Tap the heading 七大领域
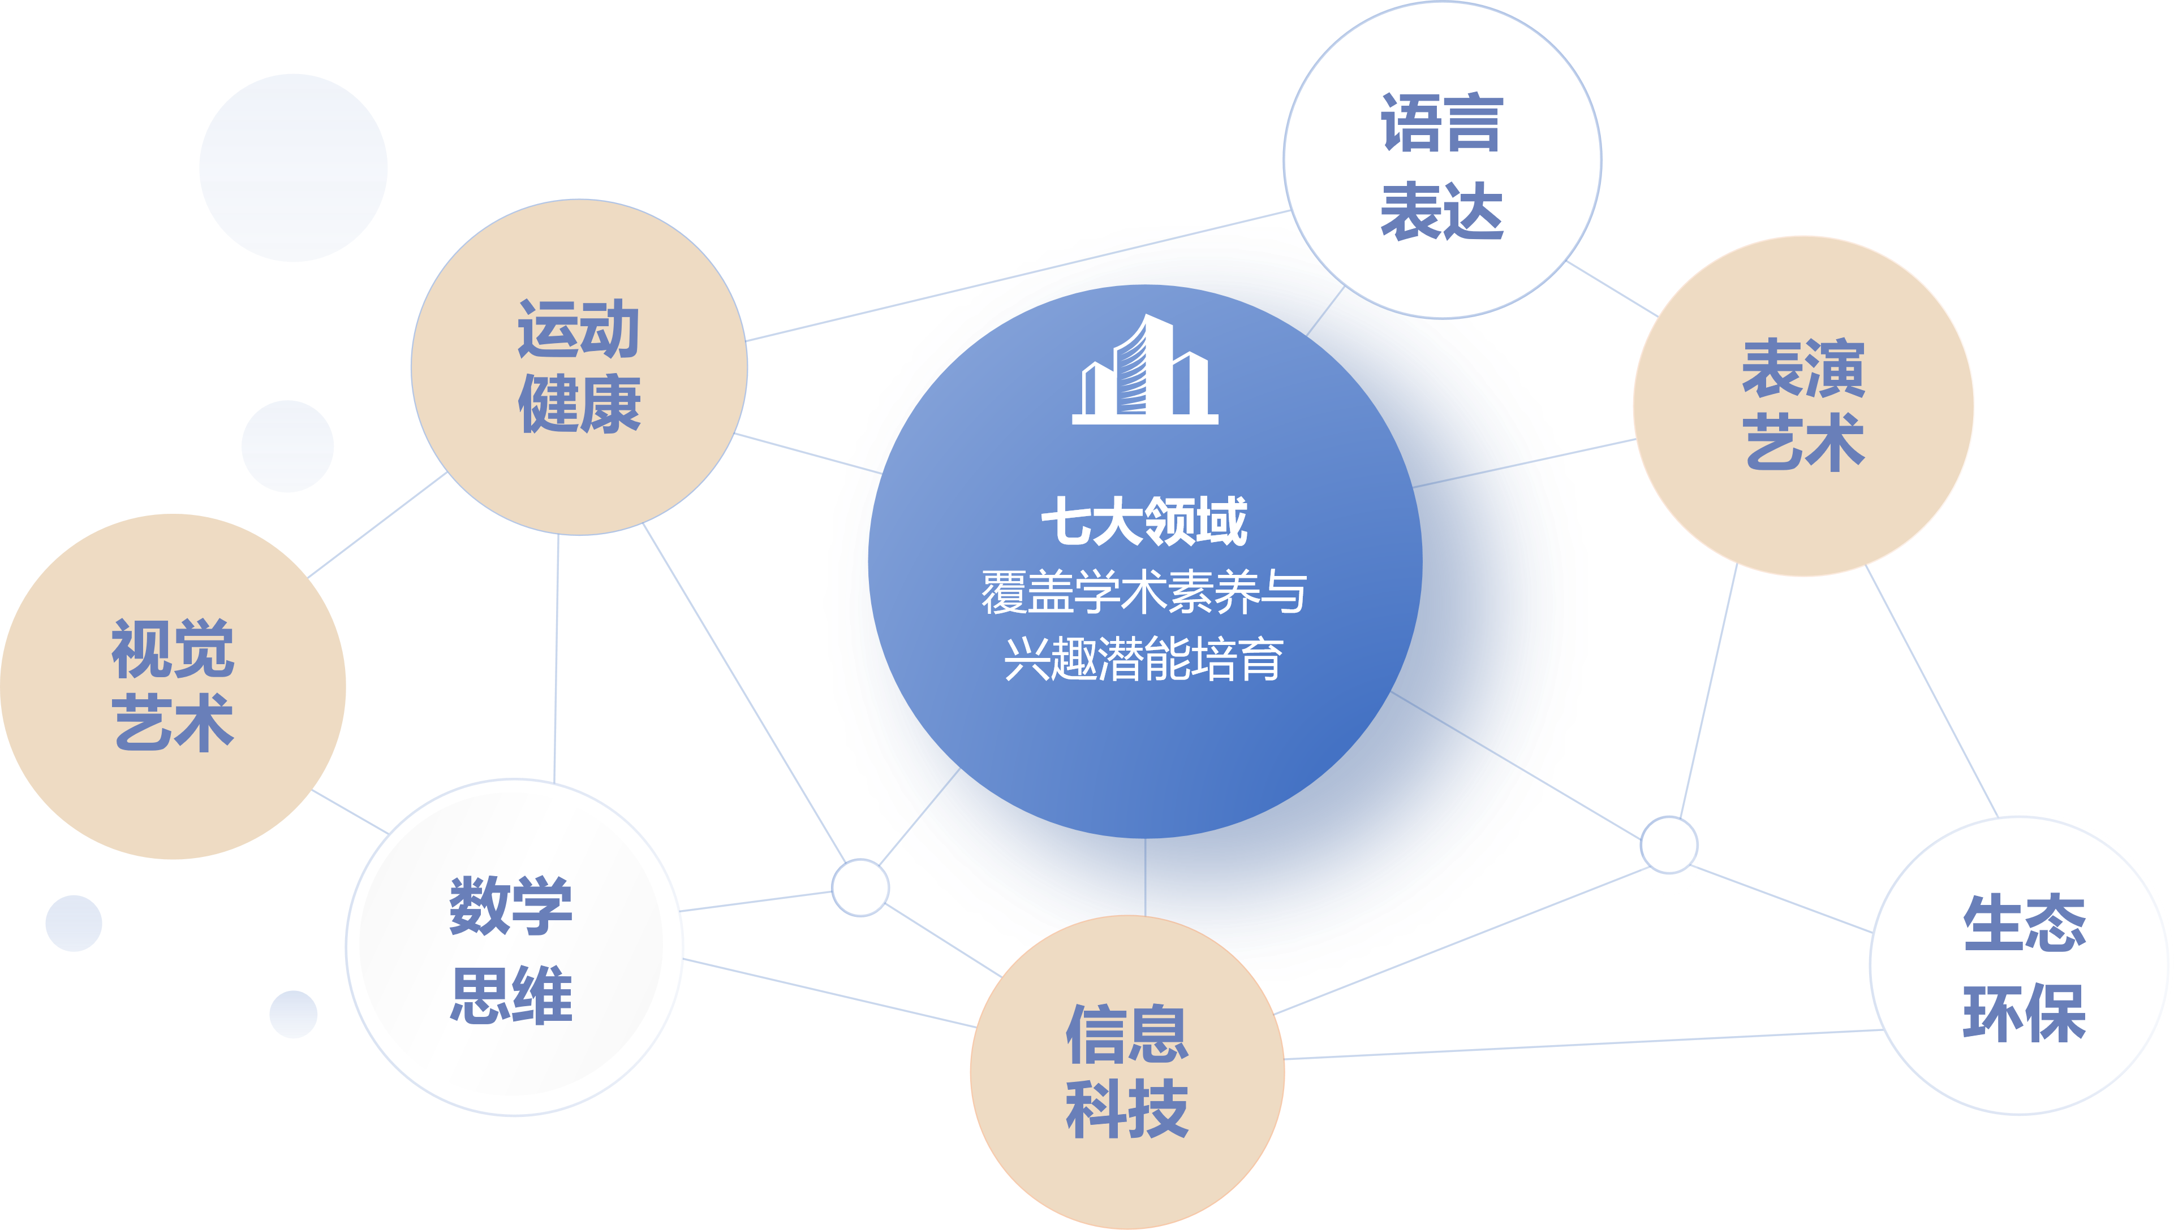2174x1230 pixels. point(1144,521)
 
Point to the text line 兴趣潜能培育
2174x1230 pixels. point(1144,659)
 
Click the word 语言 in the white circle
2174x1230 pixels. point(1442,123)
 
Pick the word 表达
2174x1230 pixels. point(1442,211)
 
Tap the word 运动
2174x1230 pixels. point(579,330)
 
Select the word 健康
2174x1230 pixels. point(579,404)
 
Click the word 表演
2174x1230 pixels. point(1803,369)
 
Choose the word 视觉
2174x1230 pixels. point(173,649)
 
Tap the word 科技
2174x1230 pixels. point(1127,1108)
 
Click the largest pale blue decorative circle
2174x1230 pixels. point(293,167)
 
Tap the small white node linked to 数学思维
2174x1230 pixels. point(860,887)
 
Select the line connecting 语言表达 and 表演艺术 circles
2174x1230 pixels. point(1612,288)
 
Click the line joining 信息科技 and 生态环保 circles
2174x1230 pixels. point(1581,1044)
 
